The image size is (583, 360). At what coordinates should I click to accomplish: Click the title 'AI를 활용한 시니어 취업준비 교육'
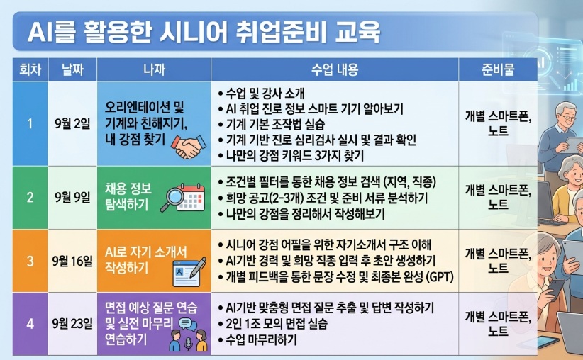pos(204,32)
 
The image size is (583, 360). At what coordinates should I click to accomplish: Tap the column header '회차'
pos(30,69)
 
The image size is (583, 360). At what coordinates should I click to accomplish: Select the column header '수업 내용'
pos(335,69)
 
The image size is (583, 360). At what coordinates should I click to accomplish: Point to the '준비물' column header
pos(498,69)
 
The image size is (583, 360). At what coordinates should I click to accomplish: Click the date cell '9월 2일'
pos(72,124)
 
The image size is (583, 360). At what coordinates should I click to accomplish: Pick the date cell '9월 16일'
pos(72,261)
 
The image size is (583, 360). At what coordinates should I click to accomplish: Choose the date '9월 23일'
pos(72,324)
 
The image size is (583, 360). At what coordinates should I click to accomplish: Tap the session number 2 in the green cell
pos(30,197)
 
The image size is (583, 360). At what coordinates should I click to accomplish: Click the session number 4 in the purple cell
pos(30,324)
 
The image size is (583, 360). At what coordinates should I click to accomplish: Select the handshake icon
pos(189,147)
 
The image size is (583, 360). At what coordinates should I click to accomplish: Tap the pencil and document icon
pos(189,271)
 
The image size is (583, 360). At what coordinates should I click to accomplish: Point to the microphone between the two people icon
pos(188,344)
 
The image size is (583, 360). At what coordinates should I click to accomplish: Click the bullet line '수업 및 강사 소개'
pos(262,94)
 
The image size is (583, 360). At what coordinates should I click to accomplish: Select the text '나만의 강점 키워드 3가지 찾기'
pos(291,155)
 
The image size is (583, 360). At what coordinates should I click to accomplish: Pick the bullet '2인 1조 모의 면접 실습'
pos(273,324)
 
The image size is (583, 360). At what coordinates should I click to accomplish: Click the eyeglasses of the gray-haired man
pos(567,118)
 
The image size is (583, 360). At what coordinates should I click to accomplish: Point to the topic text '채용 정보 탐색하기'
pos(128,196)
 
